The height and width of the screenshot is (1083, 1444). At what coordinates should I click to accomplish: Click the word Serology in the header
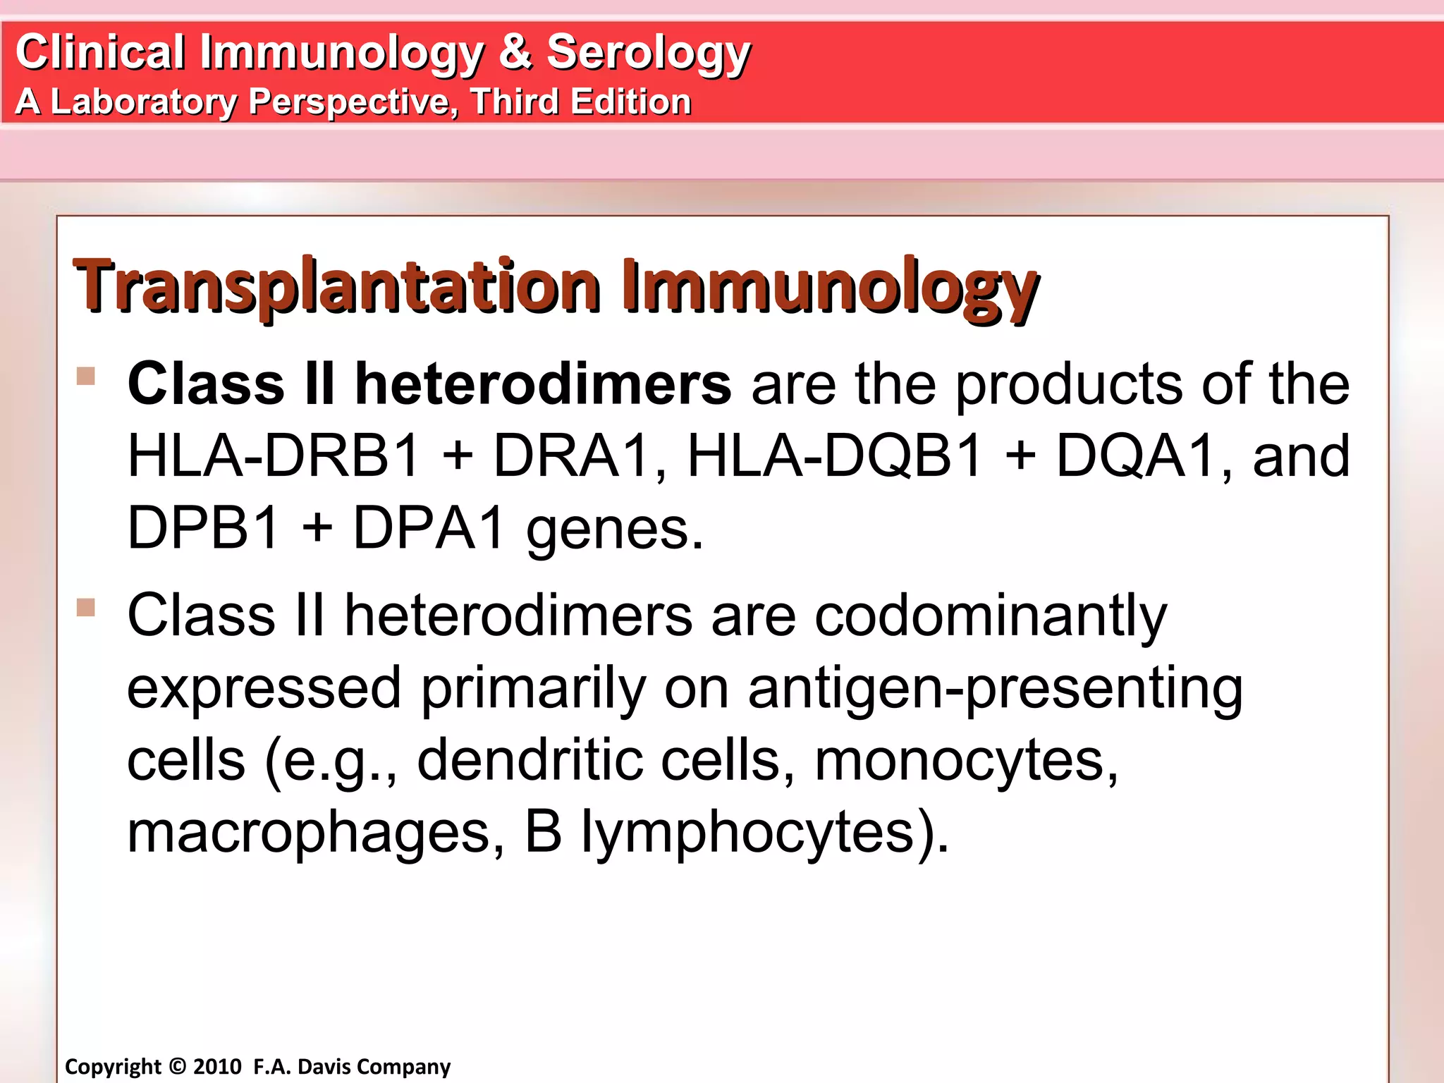[x=649, y=54]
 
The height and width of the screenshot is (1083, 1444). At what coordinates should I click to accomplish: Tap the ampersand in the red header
[x=515, y=52]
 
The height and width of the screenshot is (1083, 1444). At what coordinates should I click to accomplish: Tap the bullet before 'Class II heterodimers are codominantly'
[x=86, y=607]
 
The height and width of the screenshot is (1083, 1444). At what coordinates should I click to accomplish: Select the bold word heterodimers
[x=543, y=384]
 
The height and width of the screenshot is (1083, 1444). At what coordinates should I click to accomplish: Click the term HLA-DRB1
[x=274, y=456]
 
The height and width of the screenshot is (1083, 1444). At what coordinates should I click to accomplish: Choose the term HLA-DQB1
[x=834, y=456]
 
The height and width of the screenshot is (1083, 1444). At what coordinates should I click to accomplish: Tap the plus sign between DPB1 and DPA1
[x=317, y=529]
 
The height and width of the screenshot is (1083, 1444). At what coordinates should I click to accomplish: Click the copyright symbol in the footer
[x=178, y=1067]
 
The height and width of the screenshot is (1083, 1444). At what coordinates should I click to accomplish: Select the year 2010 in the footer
[x=218, y=1067]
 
